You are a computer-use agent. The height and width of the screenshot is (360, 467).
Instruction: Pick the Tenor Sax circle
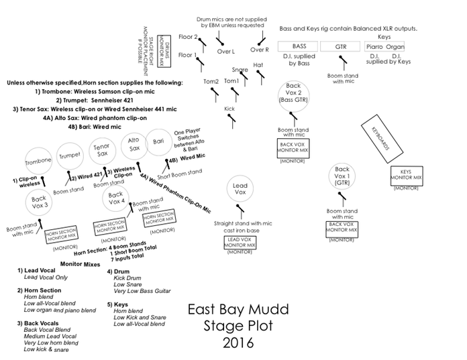point(101,151)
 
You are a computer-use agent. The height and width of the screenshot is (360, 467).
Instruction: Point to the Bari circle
point(159,142)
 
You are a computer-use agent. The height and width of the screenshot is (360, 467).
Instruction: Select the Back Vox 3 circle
point(39,201)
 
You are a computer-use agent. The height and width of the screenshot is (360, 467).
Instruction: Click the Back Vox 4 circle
point(116,198)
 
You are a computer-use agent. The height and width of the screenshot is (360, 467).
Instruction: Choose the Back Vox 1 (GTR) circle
point(342,176)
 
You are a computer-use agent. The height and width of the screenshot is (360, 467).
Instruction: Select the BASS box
point(299,46)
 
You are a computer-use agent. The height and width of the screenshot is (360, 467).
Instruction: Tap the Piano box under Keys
point(376,47)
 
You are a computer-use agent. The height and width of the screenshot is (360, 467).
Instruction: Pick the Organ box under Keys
point(395,47)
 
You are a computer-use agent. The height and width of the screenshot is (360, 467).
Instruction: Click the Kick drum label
point(229,108)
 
